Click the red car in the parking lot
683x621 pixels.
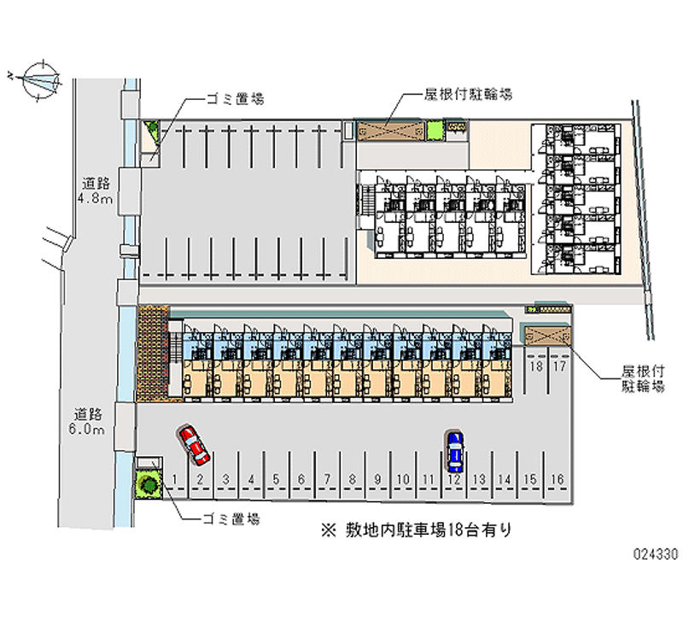[193, 443]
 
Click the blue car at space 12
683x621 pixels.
[455, 450]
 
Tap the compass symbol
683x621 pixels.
[36, 79]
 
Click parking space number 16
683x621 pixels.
[557, 479]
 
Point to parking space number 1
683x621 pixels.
[174, 479]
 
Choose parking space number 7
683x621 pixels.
[326, 479]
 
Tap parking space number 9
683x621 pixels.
[377, 479]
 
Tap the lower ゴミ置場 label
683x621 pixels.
[231, 518]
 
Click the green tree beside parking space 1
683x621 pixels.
[149, 484]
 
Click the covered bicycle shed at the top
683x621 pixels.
[390, 132]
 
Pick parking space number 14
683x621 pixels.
[505, 479]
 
